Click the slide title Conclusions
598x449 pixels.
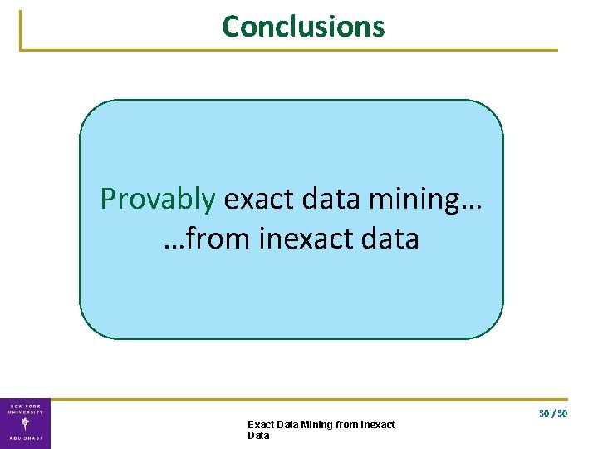click(x=303, y=27)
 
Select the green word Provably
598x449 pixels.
click(x=158, y=199)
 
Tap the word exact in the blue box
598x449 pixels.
click(x=253, y=199)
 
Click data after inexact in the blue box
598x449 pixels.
click(x=390, y=239)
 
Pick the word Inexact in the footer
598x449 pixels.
click(x=377, y=425)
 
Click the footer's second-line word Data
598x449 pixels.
click(x=258, y=436)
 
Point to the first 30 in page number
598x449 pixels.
click(x=544, y=413)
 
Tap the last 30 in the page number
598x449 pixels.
click(x=562, y=413)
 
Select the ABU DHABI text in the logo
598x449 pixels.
click(x=25, y=438)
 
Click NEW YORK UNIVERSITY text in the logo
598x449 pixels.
click(x=25, y=408)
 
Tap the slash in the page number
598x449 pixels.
click(x=553, y=413)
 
